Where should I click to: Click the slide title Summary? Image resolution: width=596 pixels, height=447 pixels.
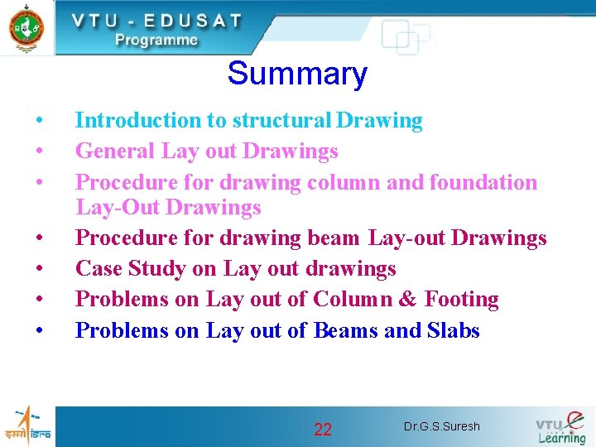297,74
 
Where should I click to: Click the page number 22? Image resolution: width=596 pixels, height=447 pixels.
323,429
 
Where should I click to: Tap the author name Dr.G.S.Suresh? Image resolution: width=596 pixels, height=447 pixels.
441,427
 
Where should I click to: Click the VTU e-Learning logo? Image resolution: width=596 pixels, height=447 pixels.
561,426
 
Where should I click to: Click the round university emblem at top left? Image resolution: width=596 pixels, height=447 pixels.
26,26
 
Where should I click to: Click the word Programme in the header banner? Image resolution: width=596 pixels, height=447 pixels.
156,40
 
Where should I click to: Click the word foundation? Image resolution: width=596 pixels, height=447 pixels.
483,182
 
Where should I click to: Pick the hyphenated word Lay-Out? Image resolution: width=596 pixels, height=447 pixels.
117,207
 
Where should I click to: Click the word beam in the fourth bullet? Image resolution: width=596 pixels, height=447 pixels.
334,238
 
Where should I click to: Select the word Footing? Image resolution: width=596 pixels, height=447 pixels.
461,299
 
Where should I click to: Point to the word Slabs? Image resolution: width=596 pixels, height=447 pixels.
454,330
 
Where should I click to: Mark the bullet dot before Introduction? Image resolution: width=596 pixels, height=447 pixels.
40,122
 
